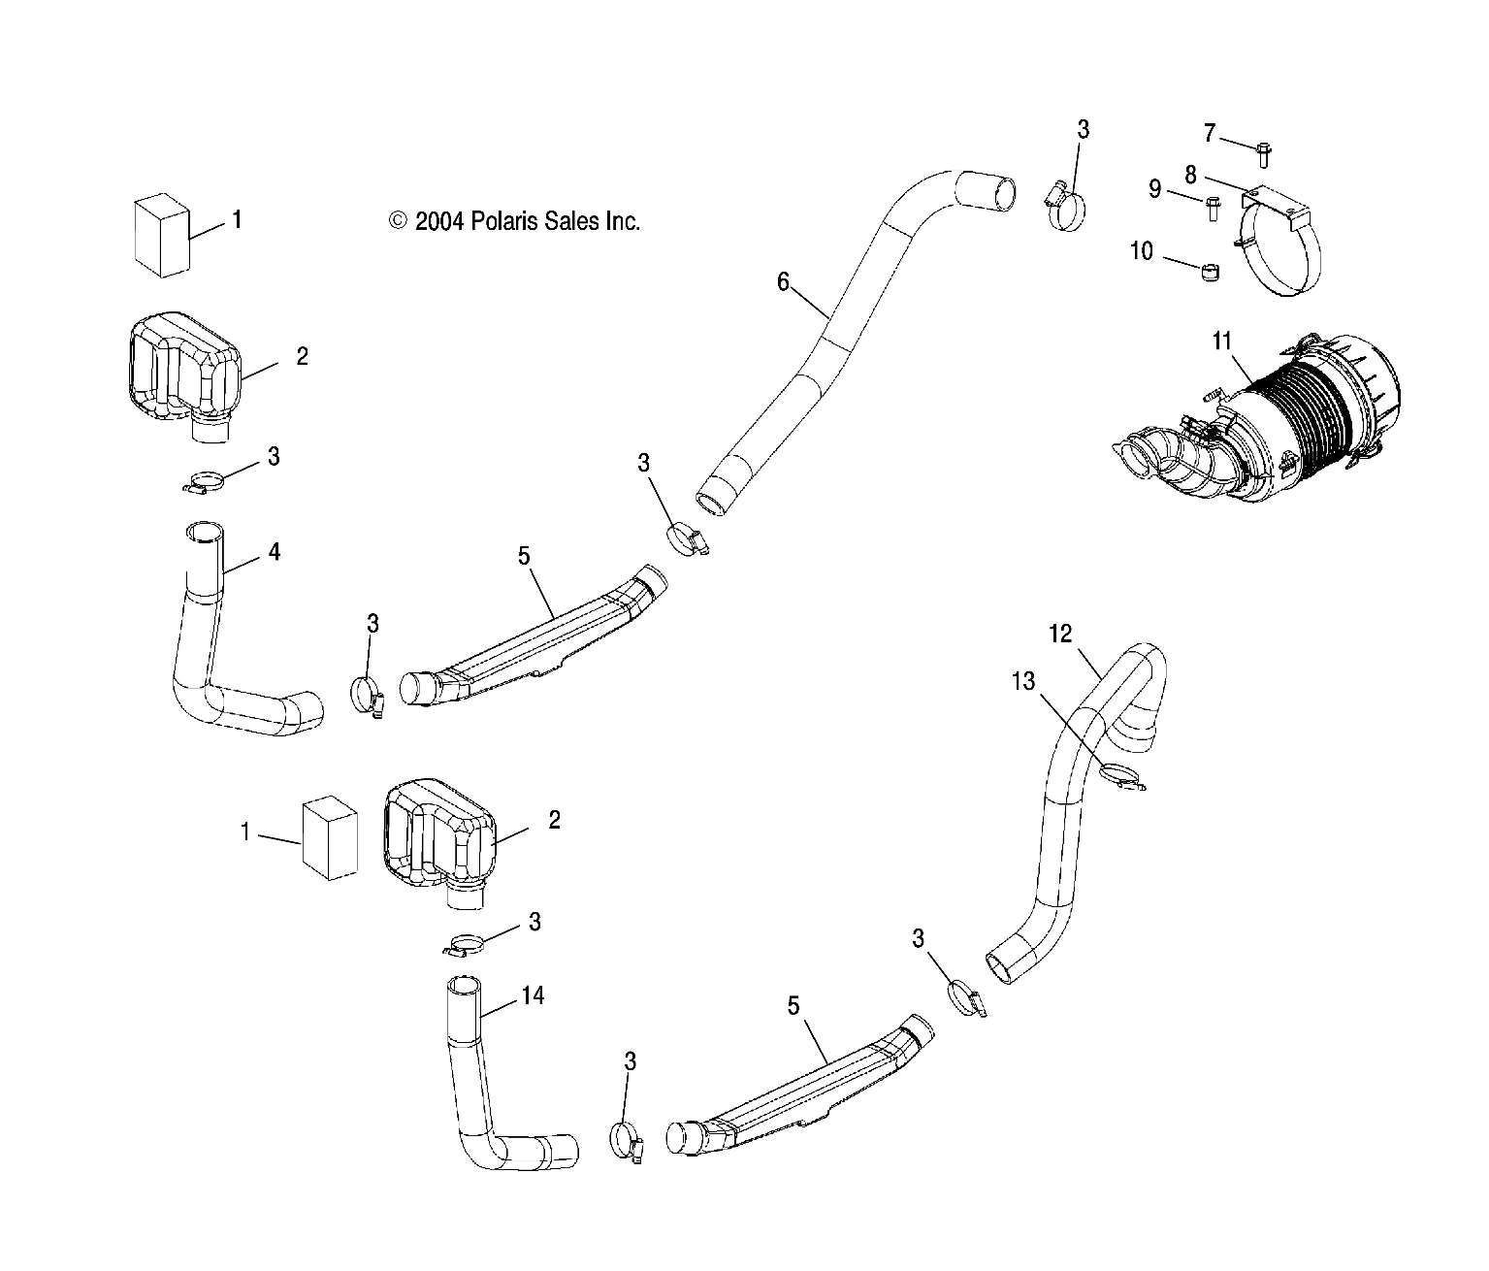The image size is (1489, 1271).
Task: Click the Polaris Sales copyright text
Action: pyautogui.click(x=514, y=221)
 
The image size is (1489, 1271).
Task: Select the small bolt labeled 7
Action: pyautogui.click(x=1263, y=155)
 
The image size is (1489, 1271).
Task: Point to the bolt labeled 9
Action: pyautogui.click(x=1214, y=209)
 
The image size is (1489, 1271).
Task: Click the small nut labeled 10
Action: pyautogui.click(x=1211, y=273)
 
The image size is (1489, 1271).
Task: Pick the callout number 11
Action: pyautogui.click(x=1221, y=341)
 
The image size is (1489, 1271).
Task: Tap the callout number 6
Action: pyautogui.click(x=783, y=281)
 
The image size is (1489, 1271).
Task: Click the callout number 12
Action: pyautogui.click(x=1059, y=634)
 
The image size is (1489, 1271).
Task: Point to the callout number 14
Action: pyautogui.click(x=533, y=995)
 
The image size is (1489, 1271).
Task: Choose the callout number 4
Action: pyautogui.click(x=274, y=552)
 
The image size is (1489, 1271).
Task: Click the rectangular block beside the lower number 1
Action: pyautogui.click(x=330, y=838)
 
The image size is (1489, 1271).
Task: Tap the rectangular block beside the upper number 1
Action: pyautogui.click(x=162, y=235)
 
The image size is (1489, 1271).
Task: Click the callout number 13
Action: pyautogui.click(x=1023, y=681)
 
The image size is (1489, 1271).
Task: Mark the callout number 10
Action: pyautogui.click(x=1141, y=250)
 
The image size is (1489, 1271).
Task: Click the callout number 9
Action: pyautogui.click(x=1154, y=189)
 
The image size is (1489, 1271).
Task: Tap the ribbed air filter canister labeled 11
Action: pyautogui.click(x=1257, y=418)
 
